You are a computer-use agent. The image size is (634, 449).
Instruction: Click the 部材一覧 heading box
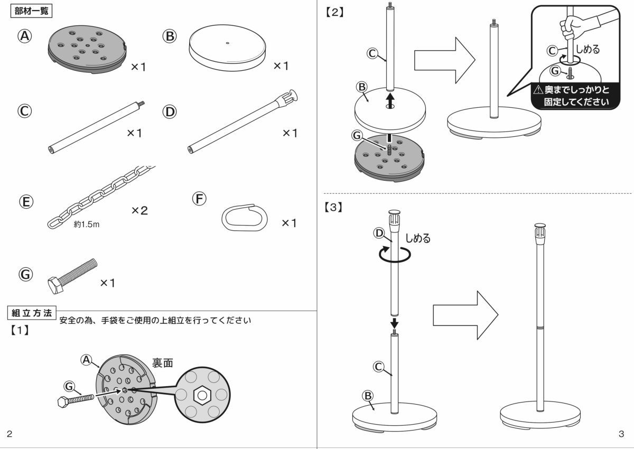pyautogui.click(x=32, y=11)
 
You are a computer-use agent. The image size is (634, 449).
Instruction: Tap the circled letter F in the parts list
pyautogui.click(x=199, y=199)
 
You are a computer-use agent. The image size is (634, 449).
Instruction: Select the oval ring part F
pyautogui.click(x=244, y=217)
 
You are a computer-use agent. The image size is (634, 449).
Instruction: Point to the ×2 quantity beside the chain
pyautogui.click(x=139, y=211)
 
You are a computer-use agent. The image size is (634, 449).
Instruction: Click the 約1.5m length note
pyautogui.click(x=87, y=224)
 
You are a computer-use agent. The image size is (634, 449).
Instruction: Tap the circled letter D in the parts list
pyautogui.click(x=170, y=111)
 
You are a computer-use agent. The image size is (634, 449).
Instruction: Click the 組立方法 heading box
pyautogui.click(x=32, y=313)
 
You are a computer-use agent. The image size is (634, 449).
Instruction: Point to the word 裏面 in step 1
pyautogui.click(x=163, y=362)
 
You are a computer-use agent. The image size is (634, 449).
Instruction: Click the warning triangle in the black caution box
pyautogui.click(x=538, y=90)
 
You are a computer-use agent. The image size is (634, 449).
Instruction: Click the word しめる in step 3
pyautogui.click(x=417, y=238)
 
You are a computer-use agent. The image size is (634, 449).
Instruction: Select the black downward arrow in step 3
pyautogui.click(x=394, y=322)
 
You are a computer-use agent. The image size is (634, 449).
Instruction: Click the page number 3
pyautogui.click(x=620, y=434)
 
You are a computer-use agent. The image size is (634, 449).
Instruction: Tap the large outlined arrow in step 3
pyautogui.click(x=465, y=315)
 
